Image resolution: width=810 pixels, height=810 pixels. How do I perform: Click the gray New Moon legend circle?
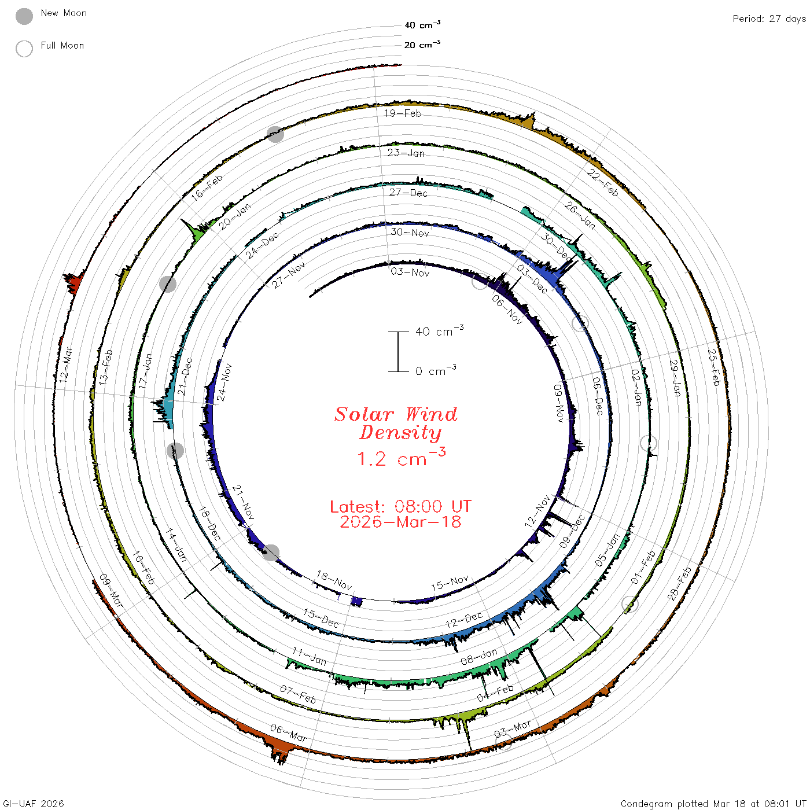[24, 16]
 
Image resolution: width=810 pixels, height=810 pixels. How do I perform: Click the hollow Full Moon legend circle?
[24, 49]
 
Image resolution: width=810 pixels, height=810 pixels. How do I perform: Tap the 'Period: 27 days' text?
[769, 19]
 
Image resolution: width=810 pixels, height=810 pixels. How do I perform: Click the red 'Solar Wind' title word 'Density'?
[400, 433]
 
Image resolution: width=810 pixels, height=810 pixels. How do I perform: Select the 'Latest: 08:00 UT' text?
[400, 506]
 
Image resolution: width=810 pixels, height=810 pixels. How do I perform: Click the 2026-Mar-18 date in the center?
[400, 522]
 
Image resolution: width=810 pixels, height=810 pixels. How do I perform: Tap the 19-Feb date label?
[403, 113]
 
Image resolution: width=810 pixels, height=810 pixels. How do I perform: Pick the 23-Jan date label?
[406, 153]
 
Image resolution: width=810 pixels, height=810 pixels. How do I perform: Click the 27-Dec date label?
[408, 193]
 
